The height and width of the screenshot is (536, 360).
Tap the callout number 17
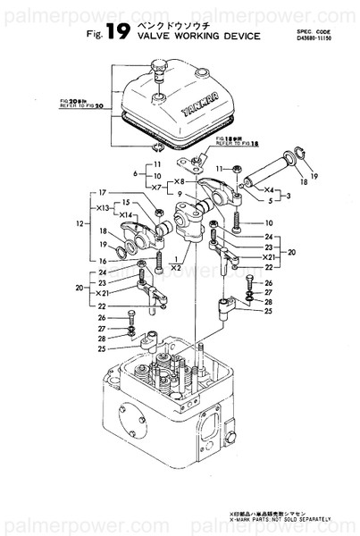pos(103,192)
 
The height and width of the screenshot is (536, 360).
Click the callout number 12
pos(81,224)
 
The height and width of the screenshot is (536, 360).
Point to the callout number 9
pos(180,194)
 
